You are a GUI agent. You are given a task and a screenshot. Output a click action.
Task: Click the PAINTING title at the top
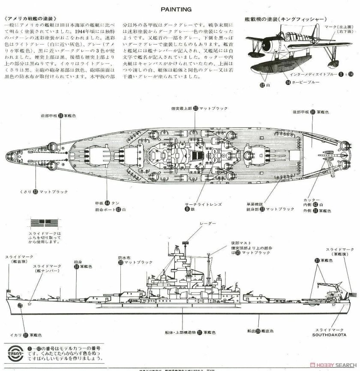pyautogui.click(x=180, y=8)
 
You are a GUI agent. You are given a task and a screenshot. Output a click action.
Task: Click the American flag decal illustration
pyautogui.click(x=42, y=224)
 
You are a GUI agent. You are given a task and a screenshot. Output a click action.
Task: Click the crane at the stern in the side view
pyautogui.click(x=330, y=283)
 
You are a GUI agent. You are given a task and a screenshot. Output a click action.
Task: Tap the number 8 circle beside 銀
pyautogui.click(x=187, y=209)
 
